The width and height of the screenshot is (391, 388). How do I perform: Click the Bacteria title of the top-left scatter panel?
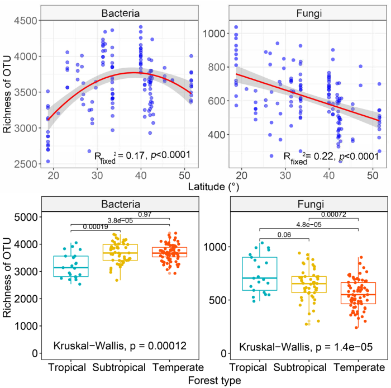pyautogui.click(x=119, y=12)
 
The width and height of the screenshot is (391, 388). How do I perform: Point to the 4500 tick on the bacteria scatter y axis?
pyautogui.click(x=25, y=21)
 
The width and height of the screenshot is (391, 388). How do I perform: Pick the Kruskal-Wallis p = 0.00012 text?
pyautogui.click(x=119, y=345)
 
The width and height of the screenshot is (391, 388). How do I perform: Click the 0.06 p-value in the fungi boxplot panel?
pyautogui.click(x=284, y=234)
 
